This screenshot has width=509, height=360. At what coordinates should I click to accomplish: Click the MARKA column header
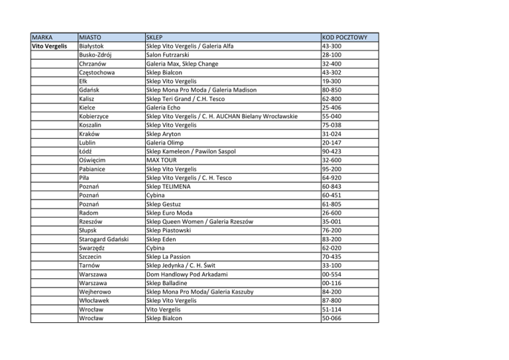44,37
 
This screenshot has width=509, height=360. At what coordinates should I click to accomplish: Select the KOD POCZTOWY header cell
349,37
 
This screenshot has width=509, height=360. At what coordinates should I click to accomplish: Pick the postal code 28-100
331,55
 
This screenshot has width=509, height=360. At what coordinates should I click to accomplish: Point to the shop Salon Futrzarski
172,55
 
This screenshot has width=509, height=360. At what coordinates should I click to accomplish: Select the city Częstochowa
97,73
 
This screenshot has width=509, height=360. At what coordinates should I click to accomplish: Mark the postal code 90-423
331,151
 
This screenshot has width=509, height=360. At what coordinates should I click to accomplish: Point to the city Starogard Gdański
103,239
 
